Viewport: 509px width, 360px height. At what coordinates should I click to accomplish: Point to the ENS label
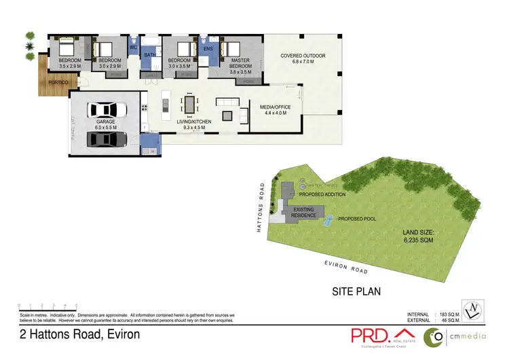pos(208,48)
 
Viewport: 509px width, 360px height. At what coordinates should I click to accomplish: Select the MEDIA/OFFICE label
pos(270,108)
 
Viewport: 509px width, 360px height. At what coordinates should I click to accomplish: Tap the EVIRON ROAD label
pos(345,267)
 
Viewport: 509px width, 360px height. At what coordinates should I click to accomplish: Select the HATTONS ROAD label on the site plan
pos(260,207)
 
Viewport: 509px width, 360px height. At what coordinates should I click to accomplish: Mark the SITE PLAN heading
pos(356,292)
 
